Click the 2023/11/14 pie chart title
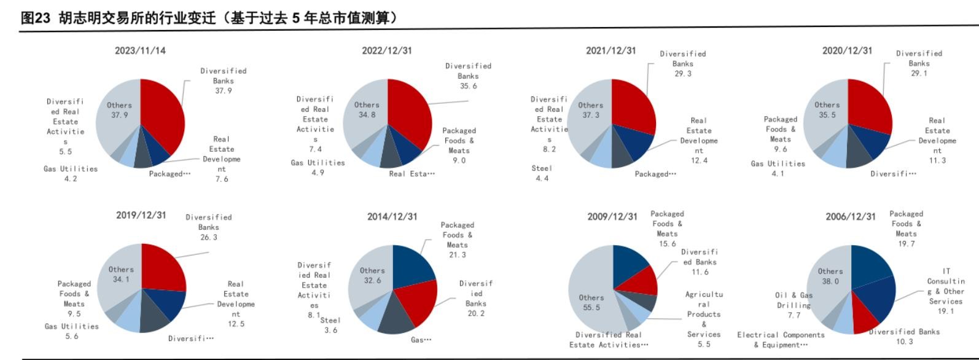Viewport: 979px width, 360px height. coord(140,50)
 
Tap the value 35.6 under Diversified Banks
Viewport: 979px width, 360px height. coord(468,86)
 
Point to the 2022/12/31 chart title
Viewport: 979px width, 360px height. coord(386,50)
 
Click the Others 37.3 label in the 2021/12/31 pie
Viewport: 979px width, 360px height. coord(590,110)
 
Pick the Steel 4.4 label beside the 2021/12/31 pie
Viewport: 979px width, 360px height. coord(542,173)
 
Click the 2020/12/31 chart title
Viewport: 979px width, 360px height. coord(847,50)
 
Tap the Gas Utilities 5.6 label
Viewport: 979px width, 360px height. coord(71,331)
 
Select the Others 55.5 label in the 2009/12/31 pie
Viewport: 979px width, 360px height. coord(591,302)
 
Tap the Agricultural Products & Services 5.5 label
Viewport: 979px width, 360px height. coord(704,319)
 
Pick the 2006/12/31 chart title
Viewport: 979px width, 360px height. coord(850,216)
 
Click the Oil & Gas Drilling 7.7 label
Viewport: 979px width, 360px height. coord(794,305)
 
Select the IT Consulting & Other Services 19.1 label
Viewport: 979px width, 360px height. coord(946,291)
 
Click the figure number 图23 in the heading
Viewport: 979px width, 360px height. coord(35,18)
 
